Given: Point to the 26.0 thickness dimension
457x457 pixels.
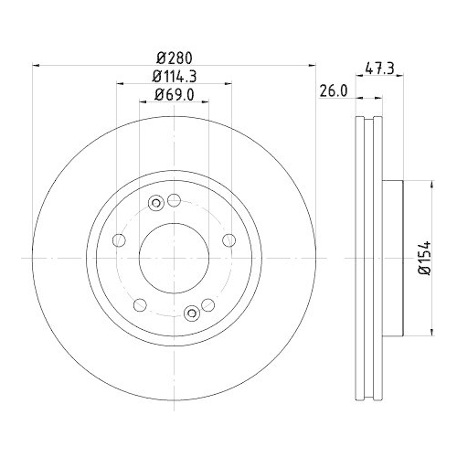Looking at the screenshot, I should (x=333, y=90).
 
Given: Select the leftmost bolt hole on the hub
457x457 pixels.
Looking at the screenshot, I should (x=118, y=240).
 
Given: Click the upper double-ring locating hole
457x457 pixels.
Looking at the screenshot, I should (x=156, y=203).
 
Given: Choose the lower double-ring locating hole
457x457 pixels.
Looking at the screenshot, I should (x=191, y=314).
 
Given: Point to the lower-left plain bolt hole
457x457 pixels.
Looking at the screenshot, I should (x=139, y=305).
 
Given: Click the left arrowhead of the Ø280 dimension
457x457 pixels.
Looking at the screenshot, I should (x=37, y=66).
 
